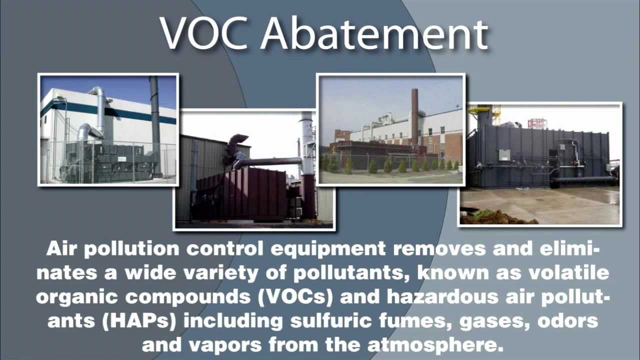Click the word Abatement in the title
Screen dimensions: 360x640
374,34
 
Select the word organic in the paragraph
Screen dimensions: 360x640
75,296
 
